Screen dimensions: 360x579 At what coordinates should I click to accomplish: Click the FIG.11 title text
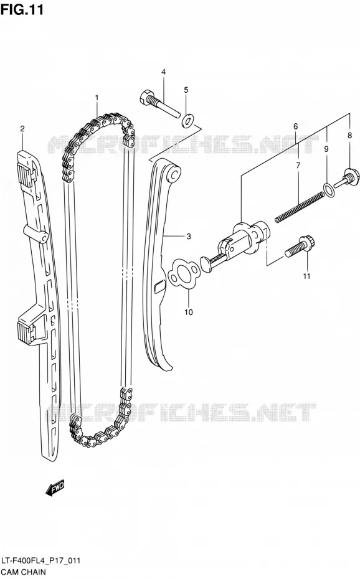22,9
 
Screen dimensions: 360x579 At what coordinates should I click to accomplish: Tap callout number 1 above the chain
97,98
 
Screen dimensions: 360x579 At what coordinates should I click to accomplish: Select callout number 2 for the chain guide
22,128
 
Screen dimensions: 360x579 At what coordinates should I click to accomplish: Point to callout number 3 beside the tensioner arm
188,237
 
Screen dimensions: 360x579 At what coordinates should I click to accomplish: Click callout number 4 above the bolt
163,72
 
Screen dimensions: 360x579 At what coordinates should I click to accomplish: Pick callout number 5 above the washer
186,90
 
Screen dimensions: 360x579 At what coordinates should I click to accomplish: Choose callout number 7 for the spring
298,166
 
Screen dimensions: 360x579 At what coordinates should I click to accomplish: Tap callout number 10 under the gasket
188,313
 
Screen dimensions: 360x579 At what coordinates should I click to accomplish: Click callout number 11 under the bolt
306,276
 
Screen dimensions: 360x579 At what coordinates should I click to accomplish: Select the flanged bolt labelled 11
300,247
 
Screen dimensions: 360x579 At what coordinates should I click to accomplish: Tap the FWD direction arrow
55,487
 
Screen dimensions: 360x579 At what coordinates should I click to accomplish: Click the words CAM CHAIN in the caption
24,572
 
